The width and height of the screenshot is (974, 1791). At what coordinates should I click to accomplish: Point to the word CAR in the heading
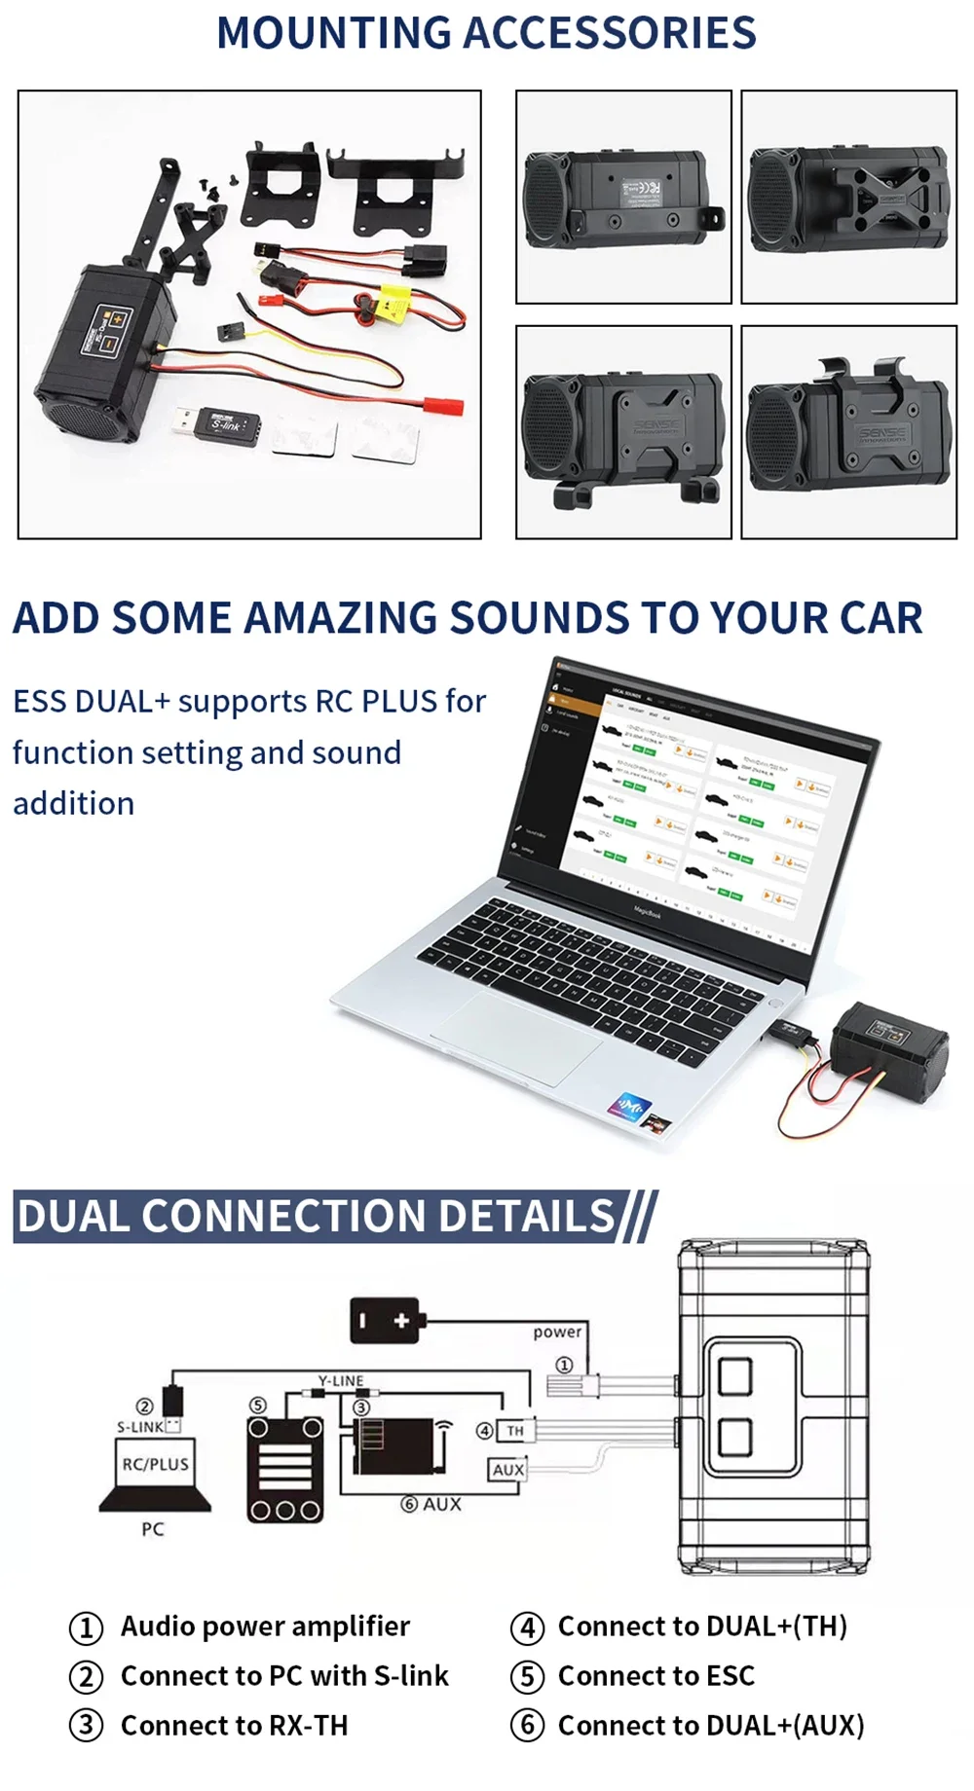point(870,618)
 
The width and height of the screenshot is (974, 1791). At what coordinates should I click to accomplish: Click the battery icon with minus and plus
point(386,1321)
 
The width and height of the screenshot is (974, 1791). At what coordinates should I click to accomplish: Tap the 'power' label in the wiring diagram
point(557,1332)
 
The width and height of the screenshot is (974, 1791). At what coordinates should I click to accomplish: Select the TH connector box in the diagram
point(514,1430)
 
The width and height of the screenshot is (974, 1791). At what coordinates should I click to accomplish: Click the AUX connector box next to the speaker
point(507,1470)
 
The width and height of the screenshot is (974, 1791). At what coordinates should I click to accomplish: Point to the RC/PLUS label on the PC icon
point(155,1464)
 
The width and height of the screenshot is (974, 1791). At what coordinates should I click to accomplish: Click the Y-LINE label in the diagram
point(341,1380)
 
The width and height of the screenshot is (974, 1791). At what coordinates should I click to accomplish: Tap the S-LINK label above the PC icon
point(140,1427)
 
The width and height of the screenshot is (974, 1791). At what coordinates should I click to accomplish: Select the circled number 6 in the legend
point(527,1726)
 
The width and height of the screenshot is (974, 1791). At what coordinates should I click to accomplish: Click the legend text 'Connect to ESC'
point(656,1676)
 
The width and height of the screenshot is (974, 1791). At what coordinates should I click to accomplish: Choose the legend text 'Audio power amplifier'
point(265,1627)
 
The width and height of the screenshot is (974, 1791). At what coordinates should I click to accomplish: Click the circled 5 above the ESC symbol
point(257,1405)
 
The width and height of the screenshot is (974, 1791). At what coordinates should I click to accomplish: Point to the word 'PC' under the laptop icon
point(153,1529)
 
